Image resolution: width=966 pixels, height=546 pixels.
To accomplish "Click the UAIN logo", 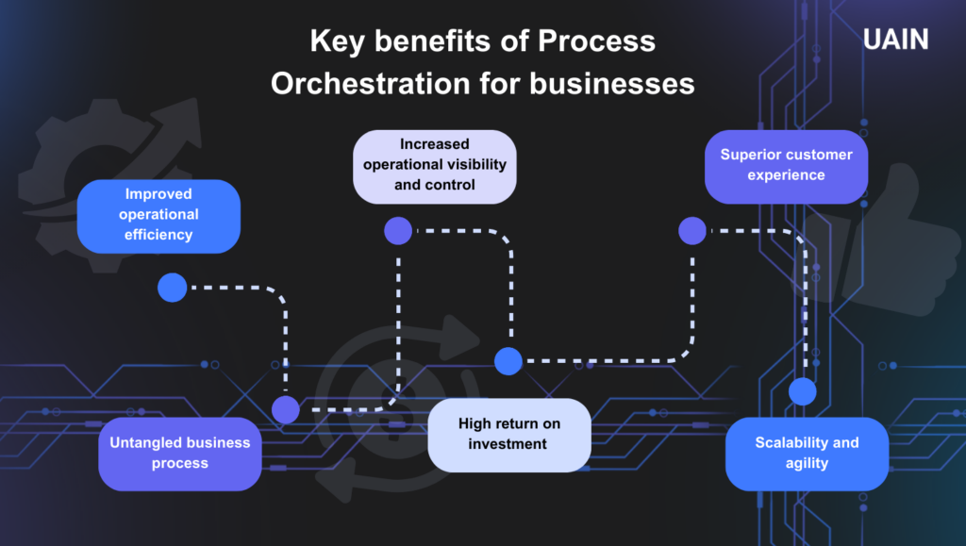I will pyautogui.click(x=895, y=40).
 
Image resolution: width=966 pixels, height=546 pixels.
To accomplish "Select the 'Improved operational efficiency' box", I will pyautogui.click(x=158, y=215).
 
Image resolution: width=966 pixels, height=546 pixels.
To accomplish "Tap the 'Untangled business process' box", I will pyautogui.click(x=179, y=454).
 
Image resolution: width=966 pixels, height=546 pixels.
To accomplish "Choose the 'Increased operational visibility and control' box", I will pyautogui.click(x=435, y=166).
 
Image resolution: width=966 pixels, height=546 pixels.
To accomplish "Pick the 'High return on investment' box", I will pyautogui.click(x=508, y=434).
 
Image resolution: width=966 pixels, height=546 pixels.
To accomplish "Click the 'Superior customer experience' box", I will pyautogui.click(x=786, y=166).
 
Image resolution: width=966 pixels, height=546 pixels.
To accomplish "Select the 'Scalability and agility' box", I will pyautogui.click(x=807, y=454).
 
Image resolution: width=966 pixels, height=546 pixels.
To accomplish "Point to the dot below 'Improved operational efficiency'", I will pyautogui.click(x=173, y=287).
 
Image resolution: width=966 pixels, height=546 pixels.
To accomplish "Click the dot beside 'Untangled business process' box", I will pyautogui.click(x=286, y=409).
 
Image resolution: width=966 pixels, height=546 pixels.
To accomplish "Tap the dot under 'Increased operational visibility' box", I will pyautogui.click(x=398, y=230).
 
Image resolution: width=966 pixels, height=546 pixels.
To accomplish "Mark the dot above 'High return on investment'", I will pyautogui.click(x=508, y=360).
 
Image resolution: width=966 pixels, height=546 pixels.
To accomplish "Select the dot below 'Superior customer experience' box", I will pyautogui.click(x=692, y=230).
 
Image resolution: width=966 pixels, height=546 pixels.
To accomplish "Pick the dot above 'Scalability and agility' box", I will pyautogui.click(x=802, y=390).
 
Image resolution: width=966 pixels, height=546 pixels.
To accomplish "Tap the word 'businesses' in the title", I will pyautogui.click(x=612, y=84).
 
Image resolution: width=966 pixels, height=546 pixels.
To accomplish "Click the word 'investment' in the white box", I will pyautogui.click(x=508, y=444).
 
